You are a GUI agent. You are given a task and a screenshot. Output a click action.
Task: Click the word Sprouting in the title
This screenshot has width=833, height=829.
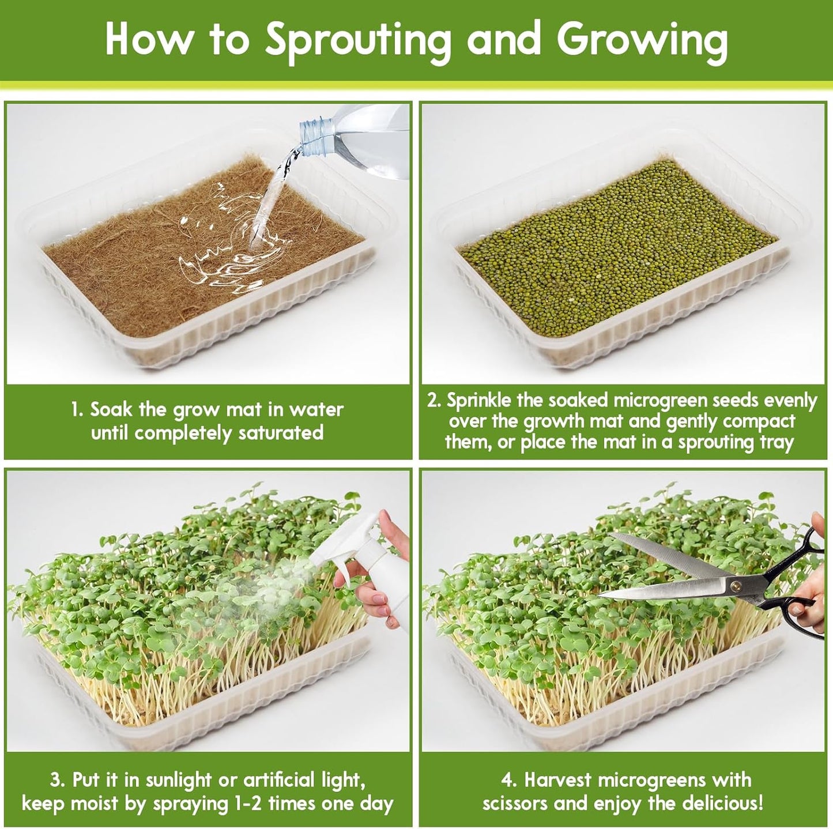point(357,40)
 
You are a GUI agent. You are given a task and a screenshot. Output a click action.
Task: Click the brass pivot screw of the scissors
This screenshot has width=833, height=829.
point(736,586)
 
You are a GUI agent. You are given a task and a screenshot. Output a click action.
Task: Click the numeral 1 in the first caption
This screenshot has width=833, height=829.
point(76,410)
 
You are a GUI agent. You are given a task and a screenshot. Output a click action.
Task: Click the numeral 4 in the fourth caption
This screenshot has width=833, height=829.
point(507,780)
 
